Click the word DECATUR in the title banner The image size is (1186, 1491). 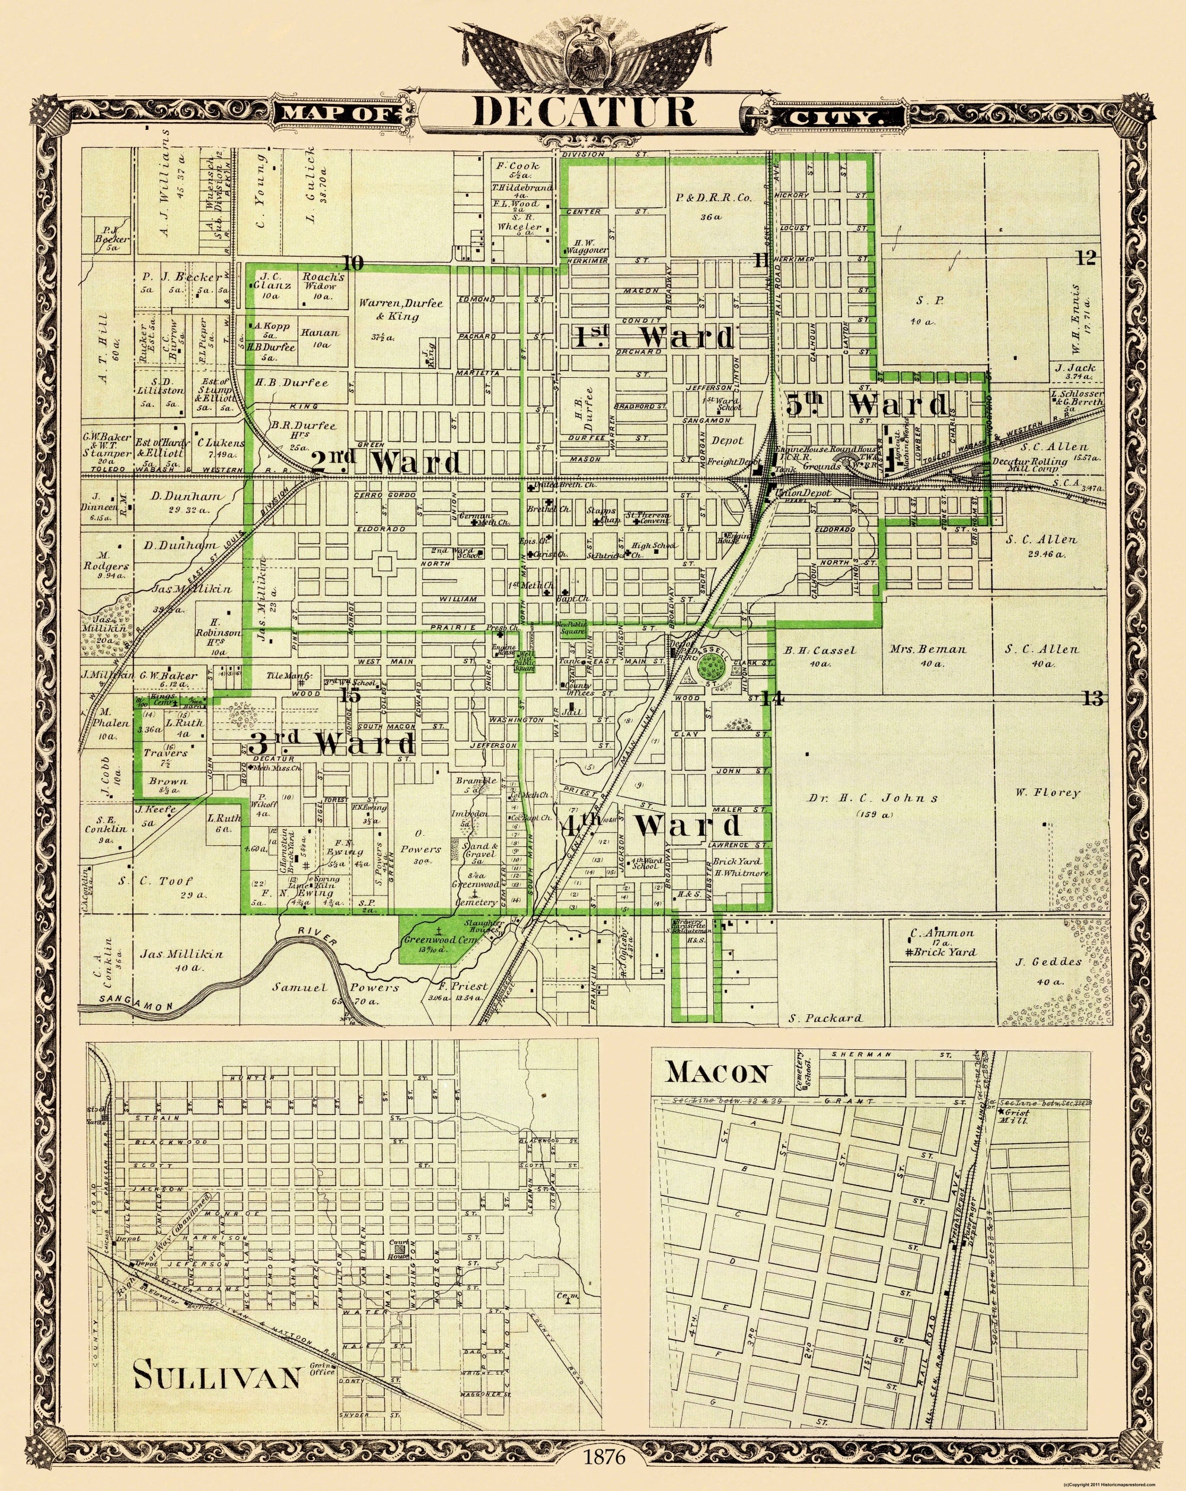pyautogui.click(x=584, y=111)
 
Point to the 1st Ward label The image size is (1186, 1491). pyautogui.click(x=654, y=337)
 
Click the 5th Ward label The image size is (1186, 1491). pyautogui.click(x=867, y=404)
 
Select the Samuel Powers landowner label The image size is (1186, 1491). pyautogui.click(x=342, y=987)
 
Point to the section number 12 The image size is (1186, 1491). pyautogui.click(x=1086, y=259)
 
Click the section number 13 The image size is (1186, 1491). pyautogui.click(x=1093, y=699)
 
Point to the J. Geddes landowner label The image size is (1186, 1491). pyautogui.click(x=1039, y=962)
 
